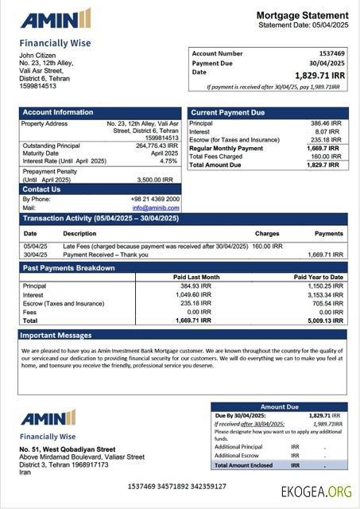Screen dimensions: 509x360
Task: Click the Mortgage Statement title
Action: click(302, 15)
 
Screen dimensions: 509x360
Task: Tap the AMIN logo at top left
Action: click(56, 19)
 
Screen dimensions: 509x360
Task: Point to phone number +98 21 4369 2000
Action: click(155, 199)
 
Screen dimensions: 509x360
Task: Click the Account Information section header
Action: click(57, 113)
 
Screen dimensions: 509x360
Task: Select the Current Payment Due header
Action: click(227, 113)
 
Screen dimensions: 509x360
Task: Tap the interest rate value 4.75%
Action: click(168, 161)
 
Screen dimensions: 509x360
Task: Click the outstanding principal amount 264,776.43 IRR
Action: click(157, 146)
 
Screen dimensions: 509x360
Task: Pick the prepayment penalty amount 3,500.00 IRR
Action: click(157, 180)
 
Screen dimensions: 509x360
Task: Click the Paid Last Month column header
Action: click(196, 277)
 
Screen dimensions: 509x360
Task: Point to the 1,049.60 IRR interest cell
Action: click(195, 294)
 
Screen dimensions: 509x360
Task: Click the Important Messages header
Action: click(56, 336)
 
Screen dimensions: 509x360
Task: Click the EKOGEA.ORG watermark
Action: click(315, 491)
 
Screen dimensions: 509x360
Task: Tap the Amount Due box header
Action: click(279, 406)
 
